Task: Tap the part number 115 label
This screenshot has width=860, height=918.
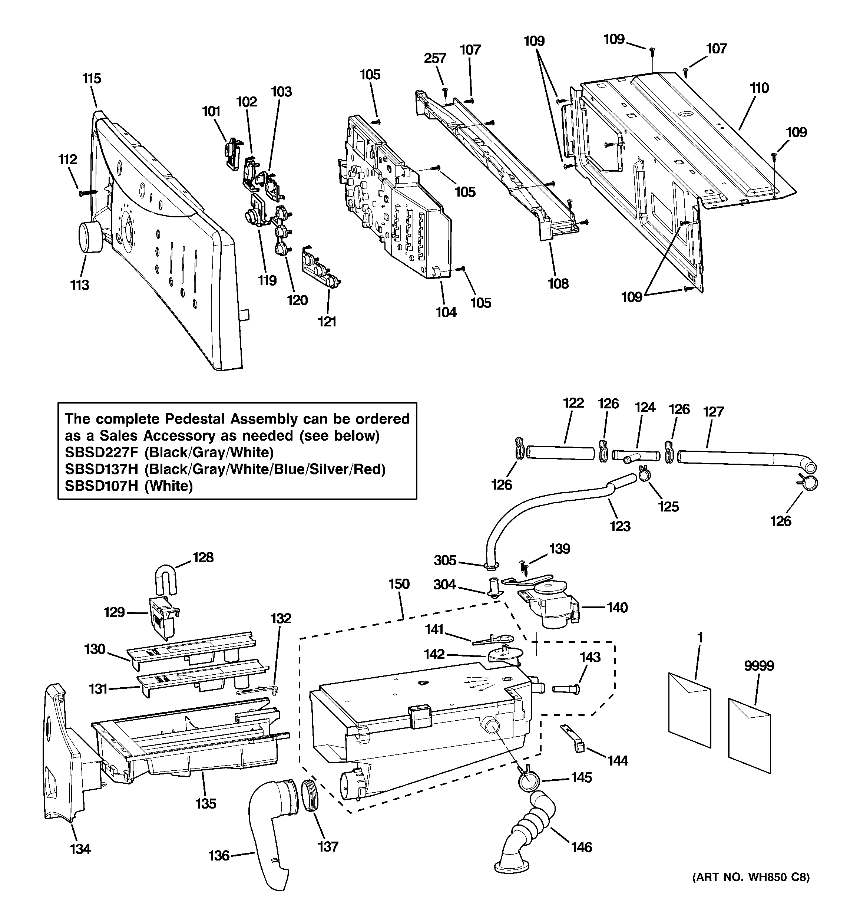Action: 92,79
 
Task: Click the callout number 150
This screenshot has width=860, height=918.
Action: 399,584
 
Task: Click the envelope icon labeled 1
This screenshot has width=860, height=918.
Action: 689,710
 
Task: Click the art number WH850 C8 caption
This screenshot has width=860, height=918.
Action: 751,890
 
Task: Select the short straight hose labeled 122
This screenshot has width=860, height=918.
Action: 560,453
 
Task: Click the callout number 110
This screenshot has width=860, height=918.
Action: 760,88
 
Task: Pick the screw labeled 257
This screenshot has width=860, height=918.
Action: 445,90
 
